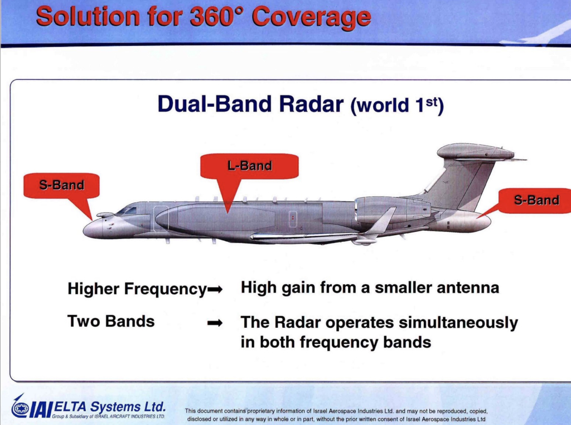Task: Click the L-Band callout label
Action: coord(249,166)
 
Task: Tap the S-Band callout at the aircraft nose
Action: coord(61,185)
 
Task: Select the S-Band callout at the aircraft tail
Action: coord(535,200)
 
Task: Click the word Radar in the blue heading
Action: coord(311,104)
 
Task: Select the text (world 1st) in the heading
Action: coord(397,106)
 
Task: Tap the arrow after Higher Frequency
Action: coord(215,290)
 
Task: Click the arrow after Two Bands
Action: coord(215,323)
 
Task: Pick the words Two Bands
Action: coord(111,321)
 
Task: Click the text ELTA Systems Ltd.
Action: coord(109,407)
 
